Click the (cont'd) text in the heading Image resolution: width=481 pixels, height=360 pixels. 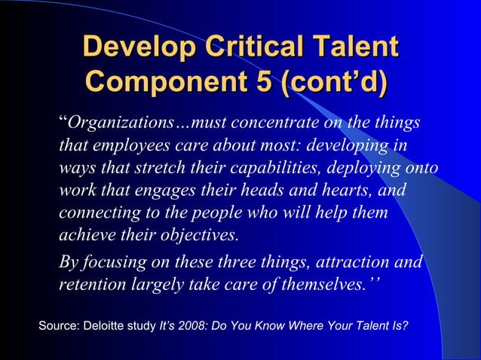[x=330, y=81]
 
